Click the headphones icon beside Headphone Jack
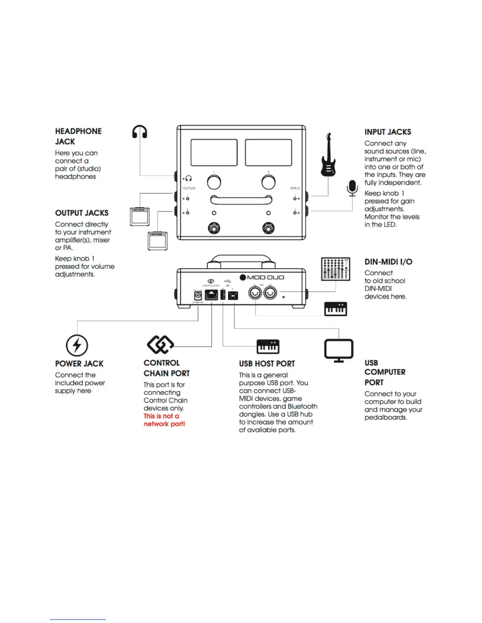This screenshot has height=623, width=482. click(140, 132)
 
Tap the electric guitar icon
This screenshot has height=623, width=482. click(328, 155)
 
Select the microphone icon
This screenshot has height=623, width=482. click(352, 188)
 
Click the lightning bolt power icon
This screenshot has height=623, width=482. click(77, 345)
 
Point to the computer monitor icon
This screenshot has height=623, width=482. click(339, 350)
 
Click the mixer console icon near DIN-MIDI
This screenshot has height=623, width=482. click(336, 269)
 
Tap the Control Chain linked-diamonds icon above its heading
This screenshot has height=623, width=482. click(160, 345)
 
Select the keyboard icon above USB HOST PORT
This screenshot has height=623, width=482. click(268, 347)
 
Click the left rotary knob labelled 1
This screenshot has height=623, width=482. click(214, 182)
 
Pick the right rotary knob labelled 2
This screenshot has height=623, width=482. click(269, 182)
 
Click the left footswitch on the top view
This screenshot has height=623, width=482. click(214, 228)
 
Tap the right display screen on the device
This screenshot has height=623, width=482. click(268, 152)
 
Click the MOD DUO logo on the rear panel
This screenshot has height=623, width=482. click(262, 277)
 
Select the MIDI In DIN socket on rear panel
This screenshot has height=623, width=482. click(255, 293)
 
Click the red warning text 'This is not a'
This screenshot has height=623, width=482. click(161, 416)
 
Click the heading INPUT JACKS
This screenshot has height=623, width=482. click(387, 132)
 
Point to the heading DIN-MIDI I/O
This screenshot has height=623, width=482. click(388, 262)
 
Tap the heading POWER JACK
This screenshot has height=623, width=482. click(79, 364)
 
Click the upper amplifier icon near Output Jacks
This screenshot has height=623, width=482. click(140, 217)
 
